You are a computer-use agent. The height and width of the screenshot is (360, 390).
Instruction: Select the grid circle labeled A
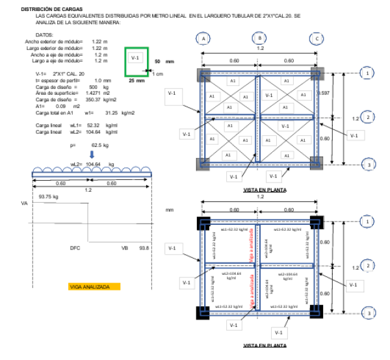(x=204, y=39)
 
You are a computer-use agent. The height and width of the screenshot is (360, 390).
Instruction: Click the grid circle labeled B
(x=261, y=39)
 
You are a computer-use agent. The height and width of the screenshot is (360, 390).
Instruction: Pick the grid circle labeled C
(x=317, y=39)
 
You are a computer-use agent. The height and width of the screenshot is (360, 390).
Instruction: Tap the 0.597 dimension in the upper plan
(x=324, y=94)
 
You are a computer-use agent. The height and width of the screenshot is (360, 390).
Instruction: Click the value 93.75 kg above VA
(x=49, y=196)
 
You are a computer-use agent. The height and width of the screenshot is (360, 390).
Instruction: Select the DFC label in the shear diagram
(x=75, y=248)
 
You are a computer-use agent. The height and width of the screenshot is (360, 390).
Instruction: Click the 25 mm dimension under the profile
(x=136, y=81)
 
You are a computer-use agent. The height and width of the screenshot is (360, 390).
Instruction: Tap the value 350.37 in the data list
(x=96, y=99)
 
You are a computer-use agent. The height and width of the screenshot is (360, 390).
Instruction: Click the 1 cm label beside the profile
(x=158, y=74)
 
